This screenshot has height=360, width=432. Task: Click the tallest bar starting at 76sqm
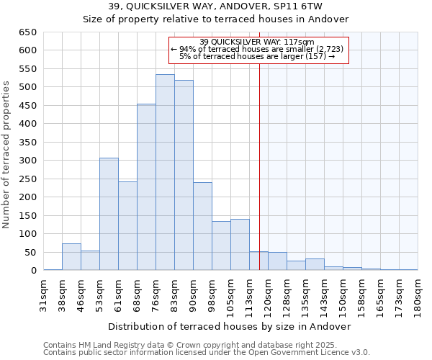click(165, 173)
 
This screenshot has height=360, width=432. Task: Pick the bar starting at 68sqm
click(146, 187)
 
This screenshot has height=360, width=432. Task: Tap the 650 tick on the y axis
click(29, 32)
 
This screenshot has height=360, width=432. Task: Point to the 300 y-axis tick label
click(29, 161)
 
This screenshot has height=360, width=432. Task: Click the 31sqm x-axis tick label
click(43, 294)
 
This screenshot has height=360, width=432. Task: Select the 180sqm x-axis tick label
click(418, 294)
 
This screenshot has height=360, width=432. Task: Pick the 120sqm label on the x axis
click(268, 294)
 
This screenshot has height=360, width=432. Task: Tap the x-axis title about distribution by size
click(230, 326)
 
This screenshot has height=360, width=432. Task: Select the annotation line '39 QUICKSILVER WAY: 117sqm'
click(257, 42)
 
